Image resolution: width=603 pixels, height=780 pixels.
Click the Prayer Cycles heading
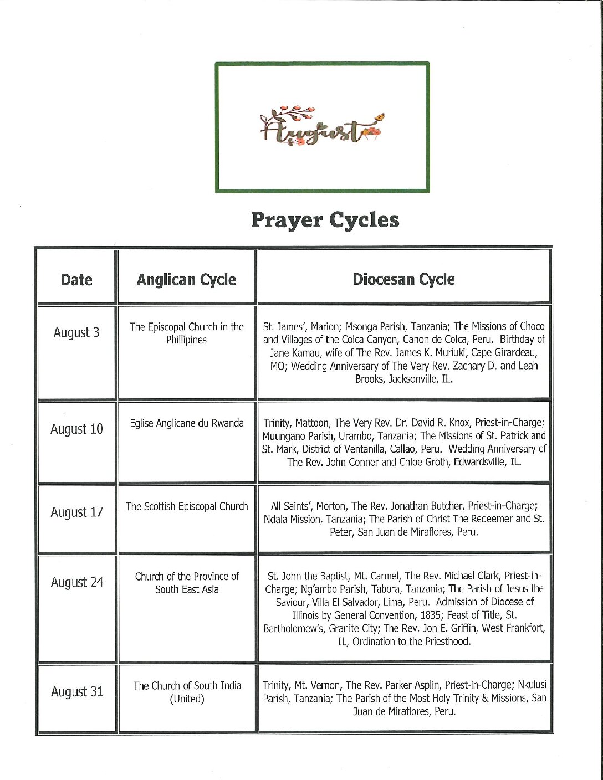[325, 220]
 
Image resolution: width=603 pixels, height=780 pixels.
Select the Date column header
[76, 280]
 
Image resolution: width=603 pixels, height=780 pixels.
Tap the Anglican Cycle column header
[187, 280]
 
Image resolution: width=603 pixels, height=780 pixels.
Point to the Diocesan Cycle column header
[403, 279]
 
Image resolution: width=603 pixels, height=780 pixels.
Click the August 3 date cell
[76, 332]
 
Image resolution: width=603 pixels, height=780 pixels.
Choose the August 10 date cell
[76, 429]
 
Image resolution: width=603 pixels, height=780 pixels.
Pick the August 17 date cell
[76, 512]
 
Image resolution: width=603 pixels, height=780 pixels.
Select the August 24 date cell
[76, 582]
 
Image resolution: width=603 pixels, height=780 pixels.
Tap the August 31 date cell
[76, 692]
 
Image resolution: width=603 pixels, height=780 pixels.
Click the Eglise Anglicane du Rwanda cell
[187, 423]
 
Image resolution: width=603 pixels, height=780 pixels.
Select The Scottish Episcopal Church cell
[187, 506]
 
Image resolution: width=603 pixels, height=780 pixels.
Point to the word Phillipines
[186, 340]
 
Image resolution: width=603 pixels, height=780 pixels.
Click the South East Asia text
[187, 589]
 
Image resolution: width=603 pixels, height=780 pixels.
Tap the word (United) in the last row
[187, 699]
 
